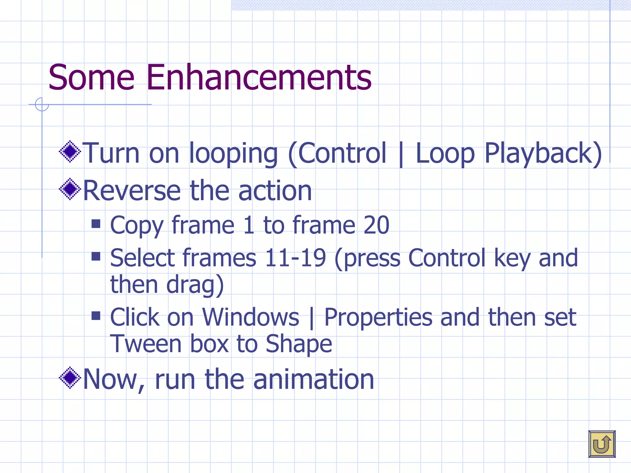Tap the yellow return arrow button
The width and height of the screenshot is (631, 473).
tap(602, 444)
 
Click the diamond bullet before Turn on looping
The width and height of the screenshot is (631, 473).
tap(70, 151)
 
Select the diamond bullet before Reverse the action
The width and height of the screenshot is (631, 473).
tap(70, 189)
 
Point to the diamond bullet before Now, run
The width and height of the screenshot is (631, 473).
tap(70, 378)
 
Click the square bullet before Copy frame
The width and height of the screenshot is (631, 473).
tap(96, 224)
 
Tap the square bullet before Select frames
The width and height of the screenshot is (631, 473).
tap(96, 256)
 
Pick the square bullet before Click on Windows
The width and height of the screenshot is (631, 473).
tap(96, 316)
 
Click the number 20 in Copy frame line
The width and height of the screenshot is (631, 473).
tap(376, 225)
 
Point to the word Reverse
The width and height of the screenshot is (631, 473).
tap(132, 191)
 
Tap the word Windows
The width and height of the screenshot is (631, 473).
tap(250, 317)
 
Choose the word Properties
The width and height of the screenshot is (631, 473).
tap(378, 318)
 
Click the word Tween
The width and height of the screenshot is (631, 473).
tap(146, 344)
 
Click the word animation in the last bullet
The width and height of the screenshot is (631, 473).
tap(313, 379)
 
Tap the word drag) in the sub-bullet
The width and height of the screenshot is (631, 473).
tap(195, 285)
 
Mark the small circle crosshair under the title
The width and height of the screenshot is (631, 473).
tap(42, 104)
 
